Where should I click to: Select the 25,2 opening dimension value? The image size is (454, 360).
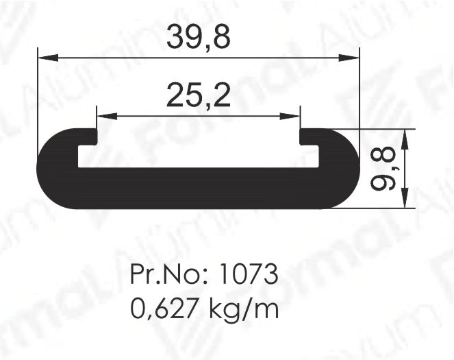pos(199,95)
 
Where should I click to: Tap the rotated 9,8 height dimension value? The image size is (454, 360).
pos(383,169)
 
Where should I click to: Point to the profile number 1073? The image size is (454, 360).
pos(249,274)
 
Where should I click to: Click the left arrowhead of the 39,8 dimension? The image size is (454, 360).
pos(48,58)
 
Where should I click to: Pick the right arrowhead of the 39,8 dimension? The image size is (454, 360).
pos(349,58)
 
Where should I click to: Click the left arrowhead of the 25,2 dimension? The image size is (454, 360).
pos(107,117)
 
